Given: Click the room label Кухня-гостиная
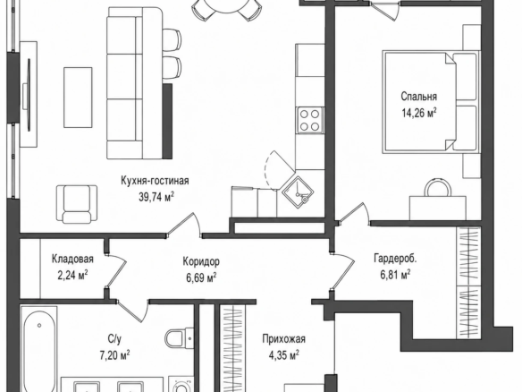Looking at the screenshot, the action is [155, 181].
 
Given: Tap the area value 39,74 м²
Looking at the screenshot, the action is [156, 197].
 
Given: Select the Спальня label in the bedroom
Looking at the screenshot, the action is [419, 97].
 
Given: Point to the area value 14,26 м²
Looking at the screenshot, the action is [419, 113].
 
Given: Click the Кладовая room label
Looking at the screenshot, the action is [72, 259].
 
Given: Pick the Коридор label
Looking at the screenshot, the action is [201, 261].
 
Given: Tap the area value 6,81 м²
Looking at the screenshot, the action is [395, 275].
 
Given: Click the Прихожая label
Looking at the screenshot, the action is [283, 339].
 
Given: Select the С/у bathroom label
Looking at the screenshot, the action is [114, 339].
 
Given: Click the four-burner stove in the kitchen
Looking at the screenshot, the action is [310, 120].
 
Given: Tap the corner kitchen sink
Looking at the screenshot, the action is [299, 192].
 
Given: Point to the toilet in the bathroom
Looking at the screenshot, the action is [180, 338].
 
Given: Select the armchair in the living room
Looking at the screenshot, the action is [77, 204].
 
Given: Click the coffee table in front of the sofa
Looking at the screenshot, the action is [78, 98].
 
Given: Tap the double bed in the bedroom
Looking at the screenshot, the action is [431, 101].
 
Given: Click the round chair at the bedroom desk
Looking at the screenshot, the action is [437, 187].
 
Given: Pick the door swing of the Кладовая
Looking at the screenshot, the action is [116, 270].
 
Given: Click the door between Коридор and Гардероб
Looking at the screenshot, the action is [342, 270].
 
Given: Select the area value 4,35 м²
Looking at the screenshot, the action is [283, 355].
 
